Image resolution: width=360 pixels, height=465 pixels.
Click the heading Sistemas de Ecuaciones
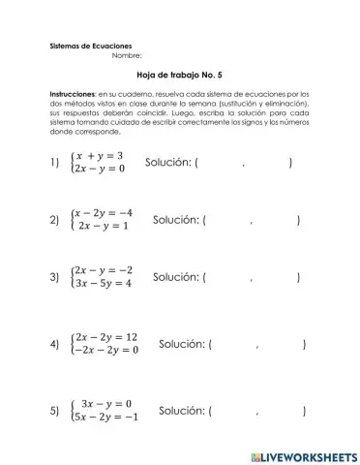[x=91, y=46]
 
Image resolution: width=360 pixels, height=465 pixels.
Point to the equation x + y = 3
[x=100, y=155]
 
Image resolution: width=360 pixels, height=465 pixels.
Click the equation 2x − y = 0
[x=100, y=169]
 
